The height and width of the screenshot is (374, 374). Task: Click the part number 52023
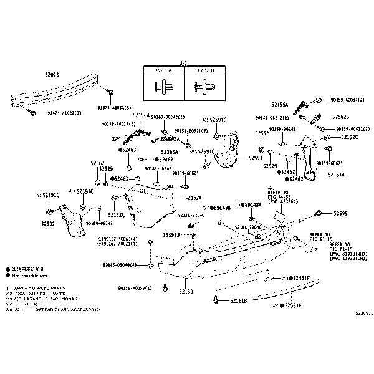point(52,74)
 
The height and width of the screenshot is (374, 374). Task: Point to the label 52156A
point(141,115)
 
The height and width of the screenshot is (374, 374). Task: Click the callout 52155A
point(280,105)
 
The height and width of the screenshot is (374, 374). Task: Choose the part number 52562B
point(340,117)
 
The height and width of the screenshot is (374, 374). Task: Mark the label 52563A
point(169,151)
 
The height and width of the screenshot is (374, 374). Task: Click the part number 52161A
point(336,175)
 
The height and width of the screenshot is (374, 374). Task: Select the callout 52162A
point(193,198)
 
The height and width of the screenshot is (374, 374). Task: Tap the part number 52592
point(49,223)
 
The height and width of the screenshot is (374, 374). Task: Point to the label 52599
point(341,213)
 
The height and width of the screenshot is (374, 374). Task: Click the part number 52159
point(186,291)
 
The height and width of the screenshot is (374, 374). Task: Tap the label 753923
point(171,235)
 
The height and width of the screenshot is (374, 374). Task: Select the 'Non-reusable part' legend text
point(29,275)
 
